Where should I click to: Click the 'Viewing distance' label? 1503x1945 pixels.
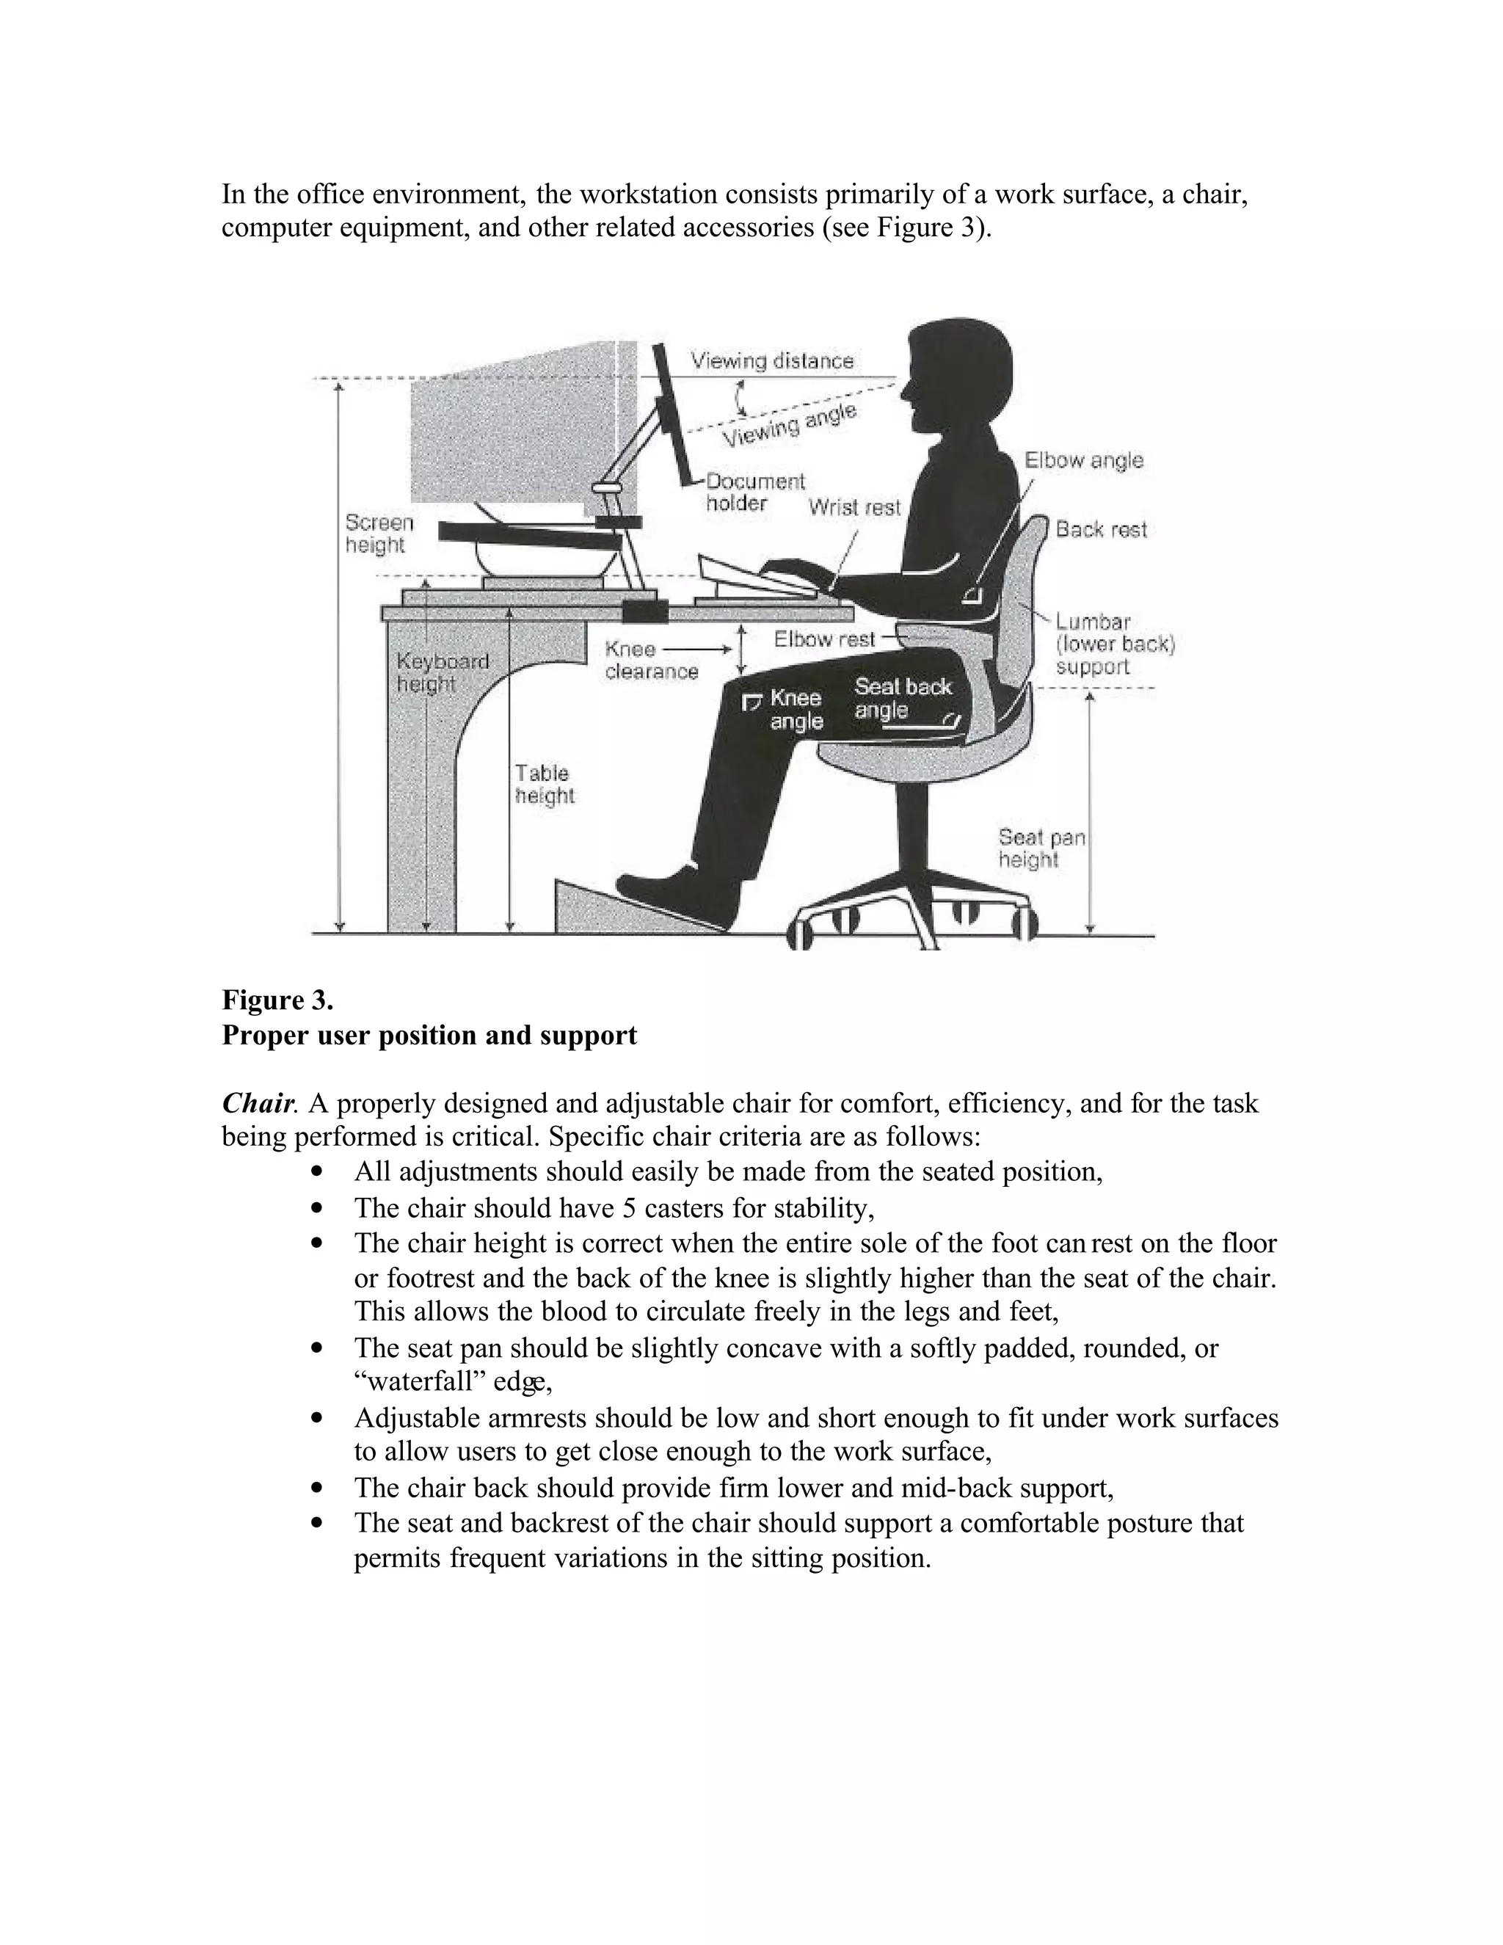pyautogui.click(x=772, y=360)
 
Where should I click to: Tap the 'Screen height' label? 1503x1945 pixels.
pyautogui.click(x=379, y=534)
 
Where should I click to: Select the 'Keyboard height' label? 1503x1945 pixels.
pyautogui.click(x=442, y=672)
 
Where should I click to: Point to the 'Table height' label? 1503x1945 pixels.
pyautogui.click(x=544, y=785)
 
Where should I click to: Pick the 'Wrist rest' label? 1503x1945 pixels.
pyautogui.click(x=854, y=508)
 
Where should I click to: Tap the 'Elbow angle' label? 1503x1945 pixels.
pyautogui.click(x=1082, y=460)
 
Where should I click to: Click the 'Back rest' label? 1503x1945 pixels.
pyautogui.click(x=1101, y=530)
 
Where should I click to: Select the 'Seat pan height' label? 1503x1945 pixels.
pyautogui.click(x=1040, y=848)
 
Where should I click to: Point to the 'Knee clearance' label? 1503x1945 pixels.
pyautogui.click(x=650, y=660)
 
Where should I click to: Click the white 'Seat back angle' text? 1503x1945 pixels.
pyautogui.click(x=901, y=698)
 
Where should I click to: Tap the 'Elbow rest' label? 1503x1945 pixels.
pyautogui.click(x=823, y=639)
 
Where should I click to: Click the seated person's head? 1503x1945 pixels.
pyautogui.click(x=957, y=374)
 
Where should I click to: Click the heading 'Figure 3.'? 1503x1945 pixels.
pyautogui.click(x=277, y=1000)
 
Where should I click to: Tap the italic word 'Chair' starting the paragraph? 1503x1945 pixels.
pyautogui.click(x=256, y=1103)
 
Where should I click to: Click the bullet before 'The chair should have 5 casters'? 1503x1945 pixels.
pyautogui.click(x=317, y=1209)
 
